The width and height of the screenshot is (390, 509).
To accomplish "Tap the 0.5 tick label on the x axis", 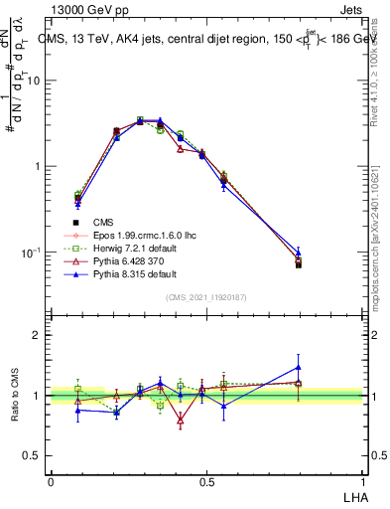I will [206, 482].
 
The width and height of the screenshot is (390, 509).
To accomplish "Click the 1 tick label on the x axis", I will [363, 482].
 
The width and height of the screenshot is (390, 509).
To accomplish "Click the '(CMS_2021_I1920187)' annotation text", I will [206, 296].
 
